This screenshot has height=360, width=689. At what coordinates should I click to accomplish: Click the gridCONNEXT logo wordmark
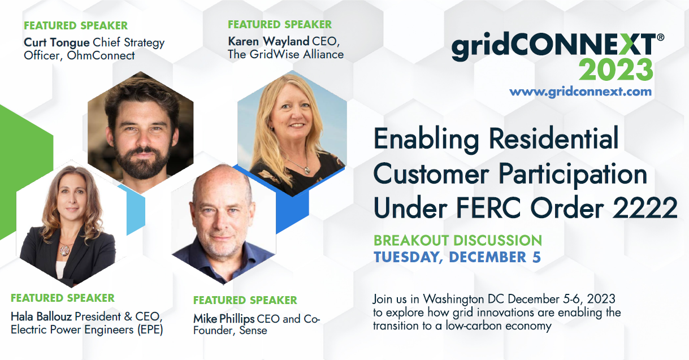click(x=558, y=47)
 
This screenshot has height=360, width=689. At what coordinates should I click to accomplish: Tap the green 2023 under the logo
click(x=616, y=70)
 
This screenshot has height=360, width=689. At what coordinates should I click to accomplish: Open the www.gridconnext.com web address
click(x=580, y=92)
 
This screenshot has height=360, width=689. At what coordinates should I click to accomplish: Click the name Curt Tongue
click(x=57, y=43)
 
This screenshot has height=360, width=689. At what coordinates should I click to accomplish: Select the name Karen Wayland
click(x=268, y=41)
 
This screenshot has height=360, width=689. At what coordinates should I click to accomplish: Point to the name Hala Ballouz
click(x=41, y=316)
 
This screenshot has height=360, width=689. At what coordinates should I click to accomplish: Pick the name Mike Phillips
click(x=224, y=319)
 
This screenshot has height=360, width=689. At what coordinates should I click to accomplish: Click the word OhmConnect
click(x=101, y=55)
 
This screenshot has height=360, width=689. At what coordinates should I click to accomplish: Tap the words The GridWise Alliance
click(x=286, y=54)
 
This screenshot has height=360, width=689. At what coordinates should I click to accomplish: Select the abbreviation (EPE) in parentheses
click(x=150, y=330)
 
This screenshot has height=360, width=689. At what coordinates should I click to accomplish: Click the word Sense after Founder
click(x=253, y=331)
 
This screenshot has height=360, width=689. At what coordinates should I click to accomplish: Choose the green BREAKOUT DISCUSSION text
click(x=458, y=240)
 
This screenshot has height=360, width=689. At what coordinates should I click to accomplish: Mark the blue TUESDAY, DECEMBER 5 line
click(x=457, y=257)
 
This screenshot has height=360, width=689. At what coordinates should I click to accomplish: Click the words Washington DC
click(x=464, y=299)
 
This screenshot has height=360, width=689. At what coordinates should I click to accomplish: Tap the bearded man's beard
click(x=142, y=162)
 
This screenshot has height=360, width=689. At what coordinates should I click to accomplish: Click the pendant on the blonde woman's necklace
click(x=307, y=170)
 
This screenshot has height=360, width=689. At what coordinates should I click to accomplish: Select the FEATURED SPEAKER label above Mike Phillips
click(x=245, y=300)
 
